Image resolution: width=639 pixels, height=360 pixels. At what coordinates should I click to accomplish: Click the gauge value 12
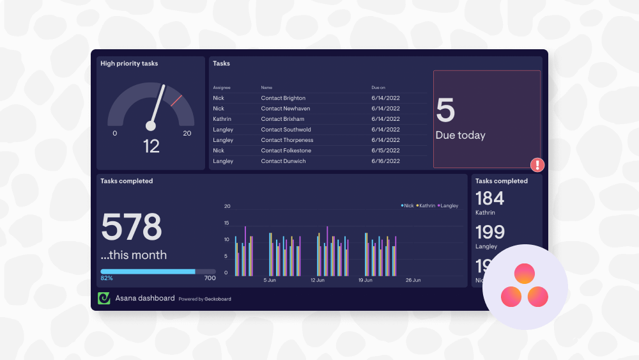151,146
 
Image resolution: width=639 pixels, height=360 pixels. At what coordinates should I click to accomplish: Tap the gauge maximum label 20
187,134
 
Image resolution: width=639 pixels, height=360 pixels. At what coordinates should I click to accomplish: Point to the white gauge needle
157,105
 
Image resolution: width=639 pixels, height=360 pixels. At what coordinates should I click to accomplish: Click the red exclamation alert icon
537,165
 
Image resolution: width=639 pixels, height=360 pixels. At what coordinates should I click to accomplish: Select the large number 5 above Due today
445,111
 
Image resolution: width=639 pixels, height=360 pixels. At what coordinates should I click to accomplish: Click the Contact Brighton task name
283,98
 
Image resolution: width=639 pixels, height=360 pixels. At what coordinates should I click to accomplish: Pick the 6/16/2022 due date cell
385,161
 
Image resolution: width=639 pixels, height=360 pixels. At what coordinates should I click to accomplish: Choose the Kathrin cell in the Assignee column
222,119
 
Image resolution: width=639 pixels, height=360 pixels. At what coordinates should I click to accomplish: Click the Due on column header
378,88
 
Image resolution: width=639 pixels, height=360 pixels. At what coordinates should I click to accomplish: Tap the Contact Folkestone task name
286,150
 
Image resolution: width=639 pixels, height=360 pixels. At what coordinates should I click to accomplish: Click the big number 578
132,227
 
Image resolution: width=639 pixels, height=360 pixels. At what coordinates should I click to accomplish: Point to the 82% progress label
106,278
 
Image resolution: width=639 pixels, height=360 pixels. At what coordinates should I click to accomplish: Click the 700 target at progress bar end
210,278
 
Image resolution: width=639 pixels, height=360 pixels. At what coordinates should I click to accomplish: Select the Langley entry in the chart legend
449,205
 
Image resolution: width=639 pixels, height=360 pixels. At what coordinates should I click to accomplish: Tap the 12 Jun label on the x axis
318,280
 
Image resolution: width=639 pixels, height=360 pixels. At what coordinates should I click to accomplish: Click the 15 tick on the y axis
227,223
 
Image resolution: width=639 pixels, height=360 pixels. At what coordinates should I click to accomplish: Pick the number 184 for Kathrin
489,198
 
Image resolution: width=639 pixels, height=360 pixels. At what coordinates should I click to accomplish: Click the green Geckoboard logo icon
104,298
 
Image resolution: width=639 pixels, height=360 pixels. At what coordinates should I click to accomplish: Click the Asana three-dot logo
525,286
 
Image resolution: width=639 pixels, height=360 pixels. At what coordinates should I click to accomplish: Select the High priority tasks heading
129,63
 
